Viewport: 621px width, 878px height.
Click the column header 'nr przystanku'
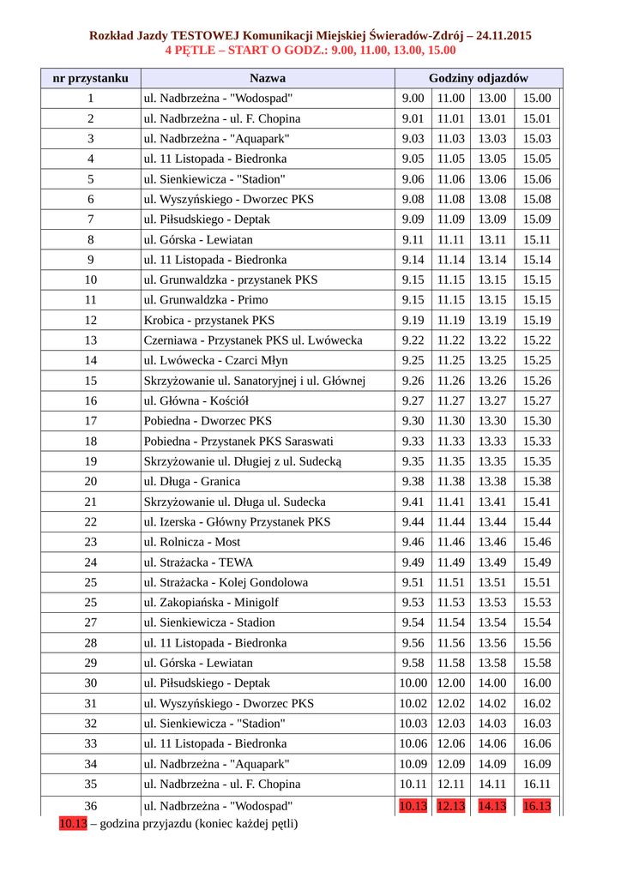(90, 78)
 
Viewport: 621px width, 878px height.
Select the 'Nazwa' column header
(268, 78)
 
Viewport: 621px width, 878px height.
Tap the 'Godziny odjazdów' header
(478, 78)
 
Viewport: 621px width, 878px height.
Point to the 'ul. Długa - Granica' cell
(192, 481)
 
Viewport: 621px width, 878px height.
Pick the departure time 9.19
(413, 320)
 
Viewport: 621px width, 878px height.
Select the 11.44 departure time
(450, 521)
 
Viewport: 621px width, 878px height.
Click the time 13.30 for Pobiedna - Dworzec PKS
(492, 421)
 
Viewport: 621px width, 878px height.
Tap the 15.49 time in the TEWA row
(537, 562)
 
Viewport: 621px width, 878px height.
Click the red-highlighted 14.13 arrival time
(492, 805)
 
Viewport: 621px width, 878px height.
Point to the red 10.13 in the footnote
(73, 824)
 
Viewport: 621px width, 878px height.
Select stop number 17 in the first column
(90, 421)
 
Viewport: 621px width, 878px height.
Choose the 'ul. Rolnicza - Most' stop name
(192, 542)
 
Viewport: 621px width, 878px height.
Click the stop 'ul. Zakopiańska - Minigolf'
(211, 602)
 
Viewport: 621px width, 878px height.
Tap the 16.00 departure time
(537, 683)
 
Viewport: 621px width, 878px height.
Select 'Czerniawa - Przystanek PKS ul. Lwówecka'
(253, 340)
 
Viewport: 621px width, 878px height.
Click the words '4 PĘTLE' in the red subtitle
(190, 50)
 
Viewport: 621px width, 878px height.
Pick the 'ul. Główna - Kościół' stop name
(196, 400)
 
